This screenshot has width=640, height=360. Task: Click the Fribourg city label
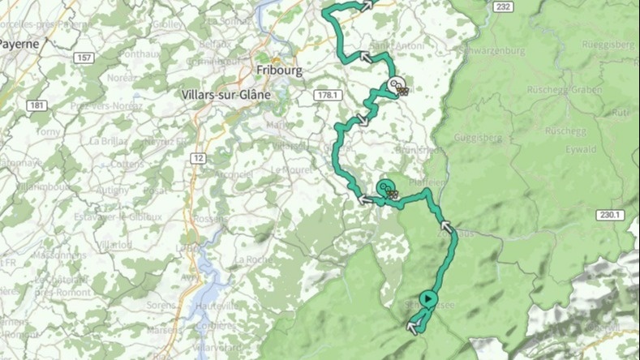point(278,70)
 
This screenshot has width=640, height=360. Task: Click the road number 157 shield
point(84,58)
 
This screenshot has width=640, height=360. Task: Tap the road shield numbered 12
point(198,157)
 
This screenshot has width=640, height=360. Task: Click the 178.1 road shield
point(327,95)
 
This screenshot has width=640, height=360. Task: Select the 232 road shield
point(503,6)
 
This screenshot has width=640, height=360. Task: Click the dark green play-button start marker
point(429,299)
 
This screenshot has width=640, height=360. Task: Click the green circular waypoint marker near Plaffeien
point(384,189)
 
